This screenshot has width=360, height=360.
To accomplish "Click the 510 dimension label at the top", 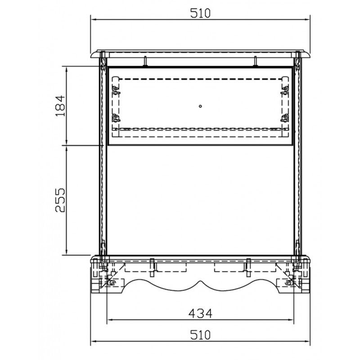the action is click(200, 13).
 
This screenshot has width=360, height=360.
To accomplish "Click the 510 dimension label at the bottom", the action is click(200, 335).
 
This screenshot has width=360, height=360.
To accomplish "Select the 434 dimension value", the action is click(200, 313).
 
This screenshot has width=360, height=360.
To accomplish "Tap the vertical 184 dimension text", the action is click(60, 106).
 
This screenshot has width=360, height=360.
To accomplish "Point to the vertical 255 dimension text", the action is click(60, 200).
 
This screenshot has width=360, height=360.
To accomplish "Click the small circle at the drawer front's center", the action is click(200, 106).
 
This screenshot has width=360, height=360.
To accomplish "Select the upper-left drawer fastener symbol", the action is click(116, 90).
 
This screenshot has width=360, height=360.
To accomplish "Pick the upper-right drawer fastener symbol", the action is click(285, 90).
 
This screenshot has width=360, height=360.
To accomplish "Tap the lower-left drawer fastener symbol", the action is click(116, 118).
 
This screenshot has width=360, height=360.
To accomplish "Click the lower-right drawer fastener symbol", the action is click(285, 118).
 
